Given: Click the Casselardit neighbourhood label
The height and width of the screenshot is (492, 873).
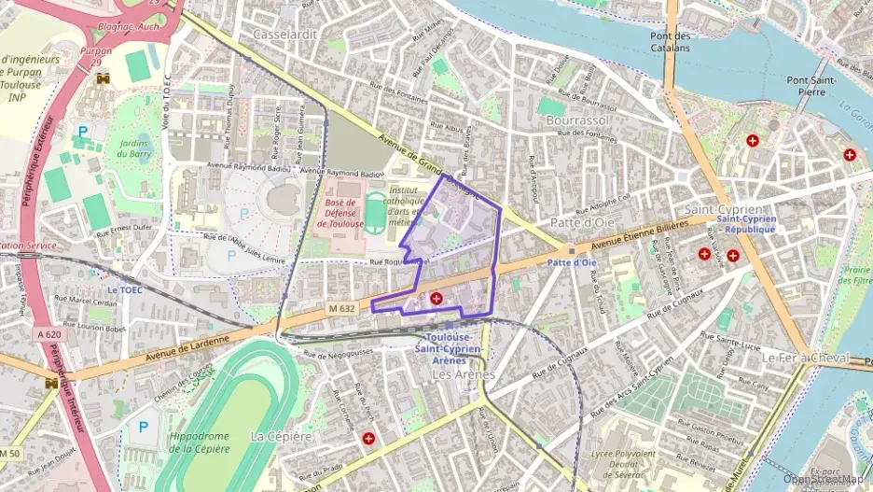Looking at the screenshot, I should coord(285,34).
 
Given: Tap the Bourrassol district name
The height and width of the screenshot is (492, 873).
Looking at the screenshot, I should coord(578,121).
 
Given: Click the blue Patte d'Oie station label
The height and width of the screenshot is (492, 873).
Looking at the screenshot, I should coord(571,262).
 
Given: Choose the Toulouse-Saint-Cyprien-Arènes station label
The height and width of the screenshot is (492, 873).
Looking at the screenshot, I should coord(453,348).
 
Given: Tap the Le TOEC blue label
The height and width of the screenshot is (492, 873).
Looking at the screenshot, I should coord(124,289).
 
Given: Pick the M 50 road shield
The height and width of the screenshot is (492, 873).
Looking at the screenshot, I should coord(9,454).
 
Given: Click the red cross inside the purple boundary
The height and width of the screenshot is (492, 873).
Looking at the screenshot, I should coord(436,298).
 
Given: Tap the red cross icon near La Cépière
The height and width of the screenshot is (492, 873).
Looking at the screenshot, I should coord(368,437).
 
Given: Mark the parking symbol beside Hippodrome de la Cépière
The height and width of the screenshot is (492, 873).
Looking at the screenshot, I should coord(143,426).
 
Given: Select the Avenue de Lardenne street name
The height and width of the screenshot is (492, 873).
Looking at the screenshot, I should coord(187,351).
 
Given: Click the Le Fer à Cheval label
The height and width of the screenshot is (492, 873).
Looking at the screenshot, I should coord(806,358).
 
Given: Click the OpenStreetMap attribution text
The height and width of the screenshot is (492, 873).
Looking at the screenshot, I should coord(825,479).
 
